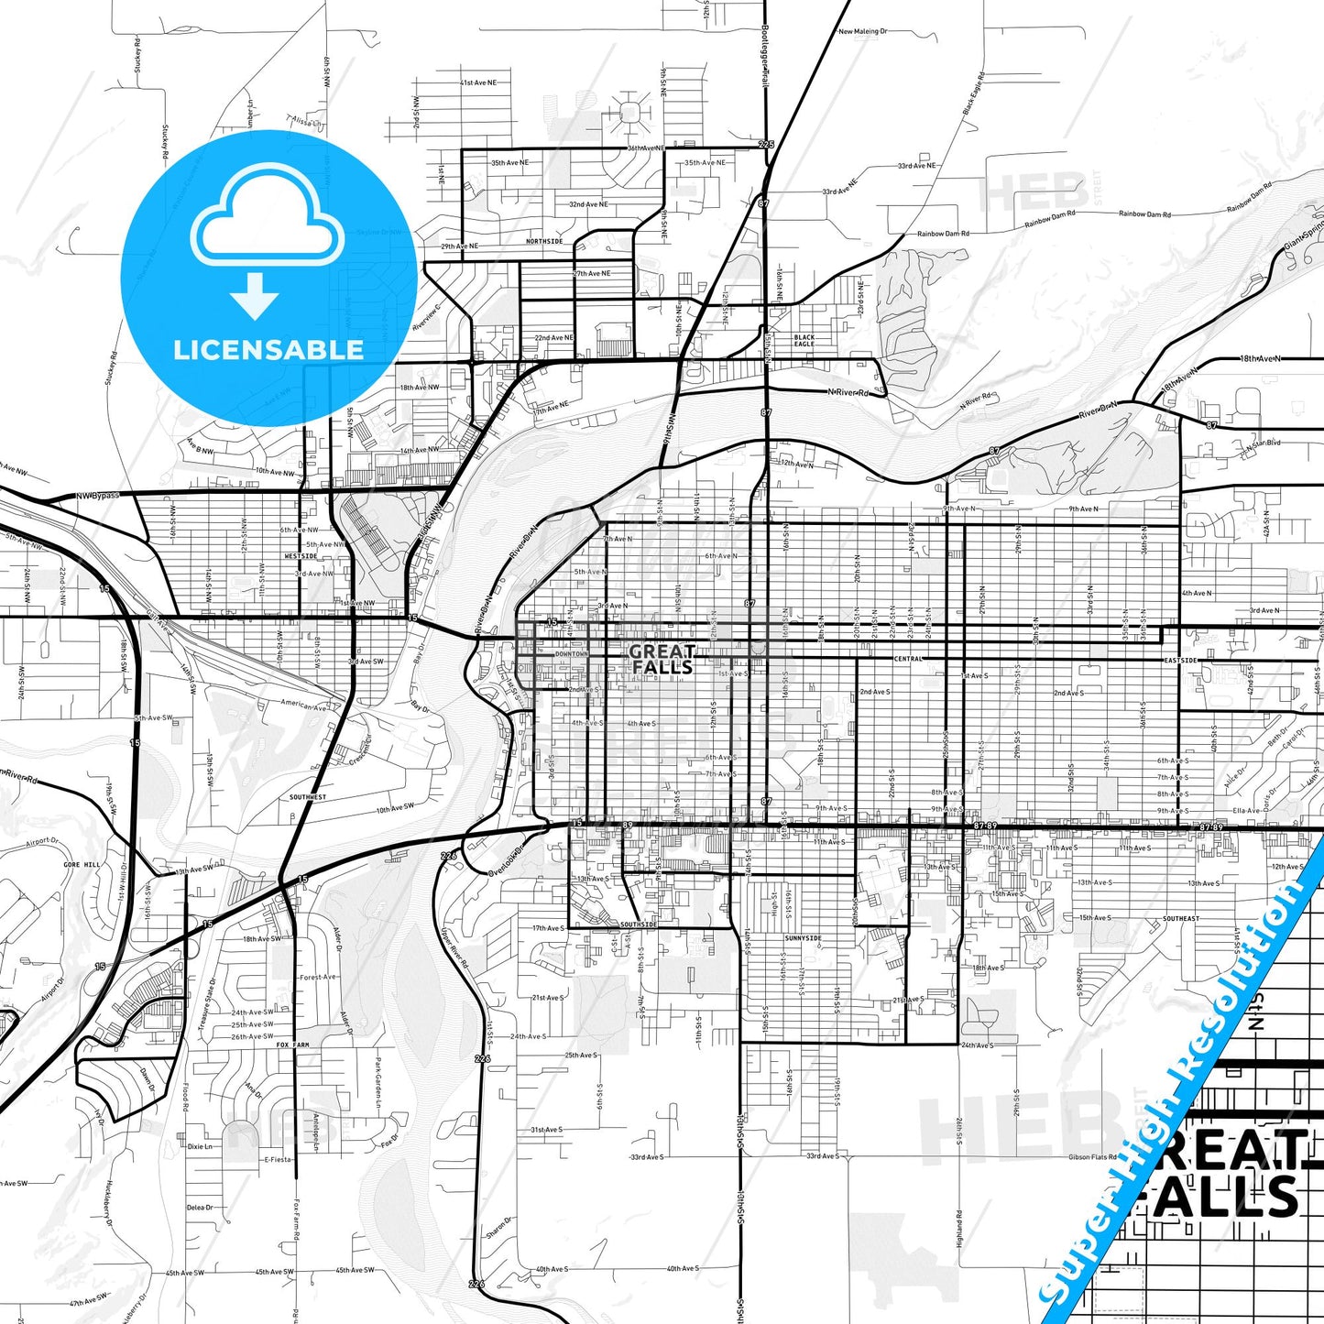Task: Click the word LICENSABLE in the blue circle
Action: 268,349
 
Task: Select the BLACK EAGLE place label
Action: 804,341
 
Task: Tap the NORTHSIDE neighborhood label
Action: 544,241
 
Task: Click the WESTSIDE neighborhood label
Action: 301,556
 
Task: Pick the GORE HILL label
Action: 82,865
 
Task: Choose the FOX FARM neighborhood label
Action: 294,1045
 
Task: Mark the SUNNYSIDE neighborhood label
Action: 803,939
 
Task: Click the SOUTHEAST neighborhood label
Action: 1181,918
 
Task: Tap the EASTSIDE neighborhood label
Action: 1180,660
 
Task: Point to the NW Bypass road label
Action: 97,496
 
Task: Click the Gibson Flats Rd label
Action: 1091,1157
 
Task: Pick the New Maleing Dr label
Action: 862,31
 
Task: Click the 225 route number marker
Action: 766,145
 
